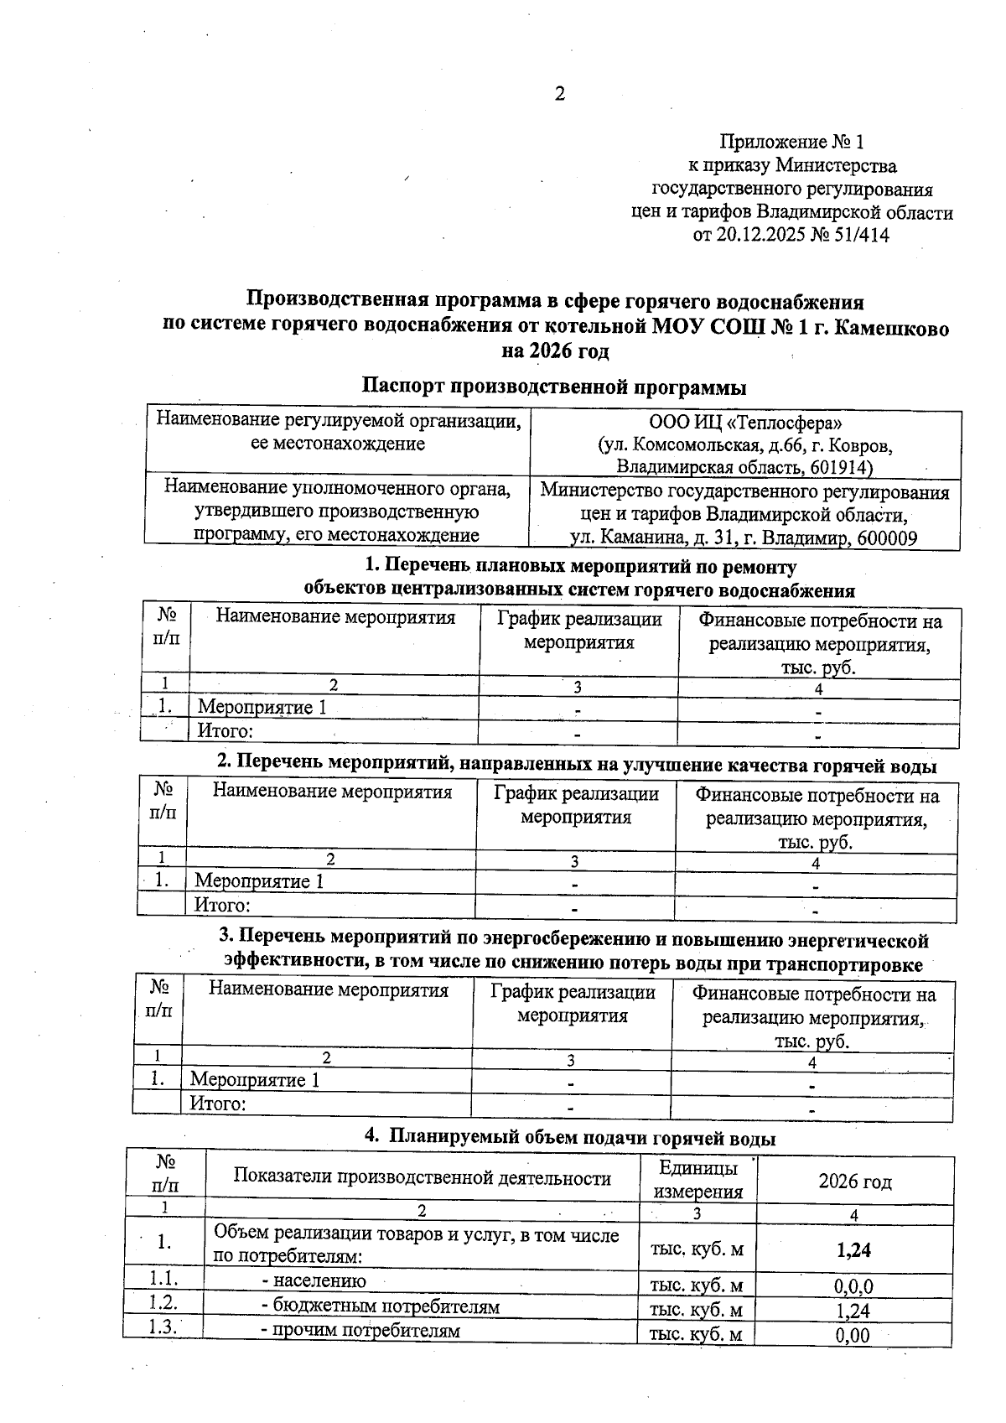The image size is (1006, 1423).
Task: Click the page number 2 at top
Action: (560, 94)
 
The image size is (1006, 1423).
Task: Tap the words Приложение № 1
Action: (791, 142)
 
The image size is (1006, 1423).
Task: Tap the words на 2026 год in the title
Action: (554, 351)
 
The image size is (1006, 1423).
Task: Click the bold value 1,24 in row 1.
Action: (853, 1250)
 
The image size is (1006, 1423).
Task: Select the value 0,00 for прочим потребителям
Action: (853, 1335)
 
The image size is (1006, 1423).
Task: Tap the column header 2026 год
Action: (854, 1182)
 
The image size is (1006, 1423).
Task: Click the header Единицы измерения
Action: (698, 1180)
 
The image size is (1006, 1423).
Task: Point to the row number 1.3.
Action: (163, 1327)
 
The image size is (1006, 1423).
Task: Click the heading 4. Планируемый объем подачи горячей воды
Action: (570, 1139)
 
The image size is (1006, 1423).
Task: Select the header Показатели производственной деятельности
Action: (422, 1177)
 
